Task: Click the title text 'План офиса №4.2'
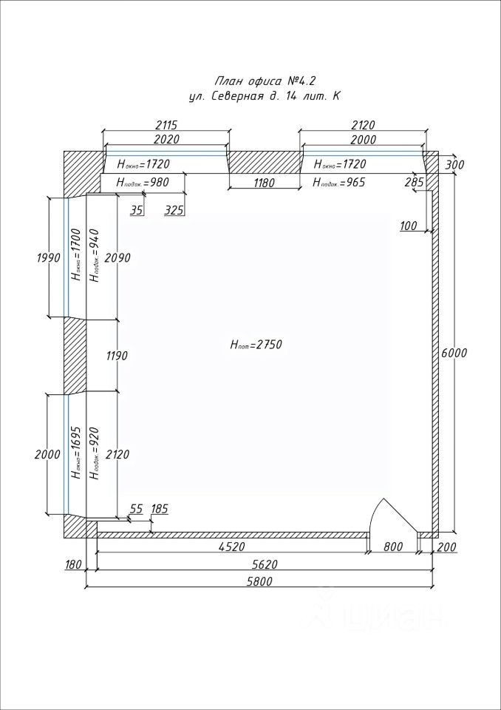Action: (265, 81)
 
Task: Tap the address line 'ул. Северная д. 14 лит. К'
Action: (265, 97)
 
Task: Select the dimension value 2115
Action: (166, 125)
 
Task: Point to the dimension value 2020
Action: (166, 139)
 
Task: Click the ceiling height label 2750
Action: (256, 345)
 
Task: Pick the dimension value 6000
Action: (454, 353)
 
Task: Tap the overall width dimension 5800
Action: (259, 581)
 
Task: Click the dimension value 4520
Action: (231, 547)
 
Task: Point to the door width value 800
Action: (392, 547)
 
